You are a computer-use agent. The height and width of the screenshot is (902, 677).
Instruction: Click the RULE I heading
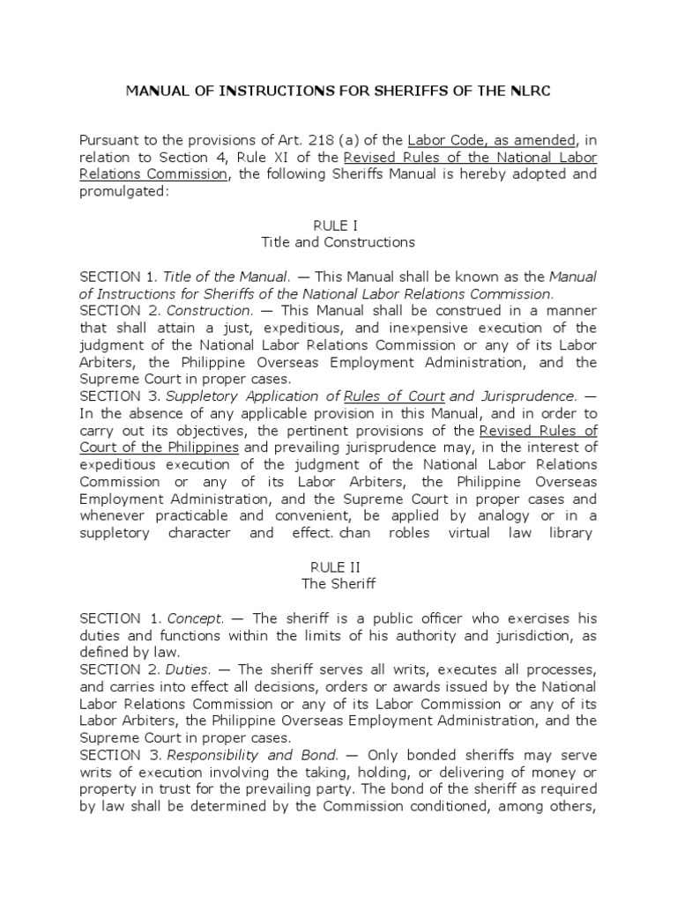pyautogui.click(x=338, y=225)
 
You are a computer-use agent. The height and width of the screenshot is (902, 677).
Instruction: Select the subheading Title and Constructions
pyautogui.click(x=338, y=242)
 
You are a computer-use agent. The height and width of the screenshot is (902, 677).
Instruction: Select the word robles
pyautogui.click(x=448, y=533)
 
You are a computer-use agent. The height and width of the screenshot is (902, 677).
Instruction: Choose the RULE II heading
pyautogui.click(x=338, y=567)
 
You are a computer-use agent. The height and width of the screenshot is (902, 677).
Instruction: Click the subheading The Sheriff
pyautogui.click(x=338, y=584)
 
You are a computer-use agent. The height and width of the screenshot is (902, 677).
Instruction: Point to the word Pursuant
pyautogui.click(x=110, y=140)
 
